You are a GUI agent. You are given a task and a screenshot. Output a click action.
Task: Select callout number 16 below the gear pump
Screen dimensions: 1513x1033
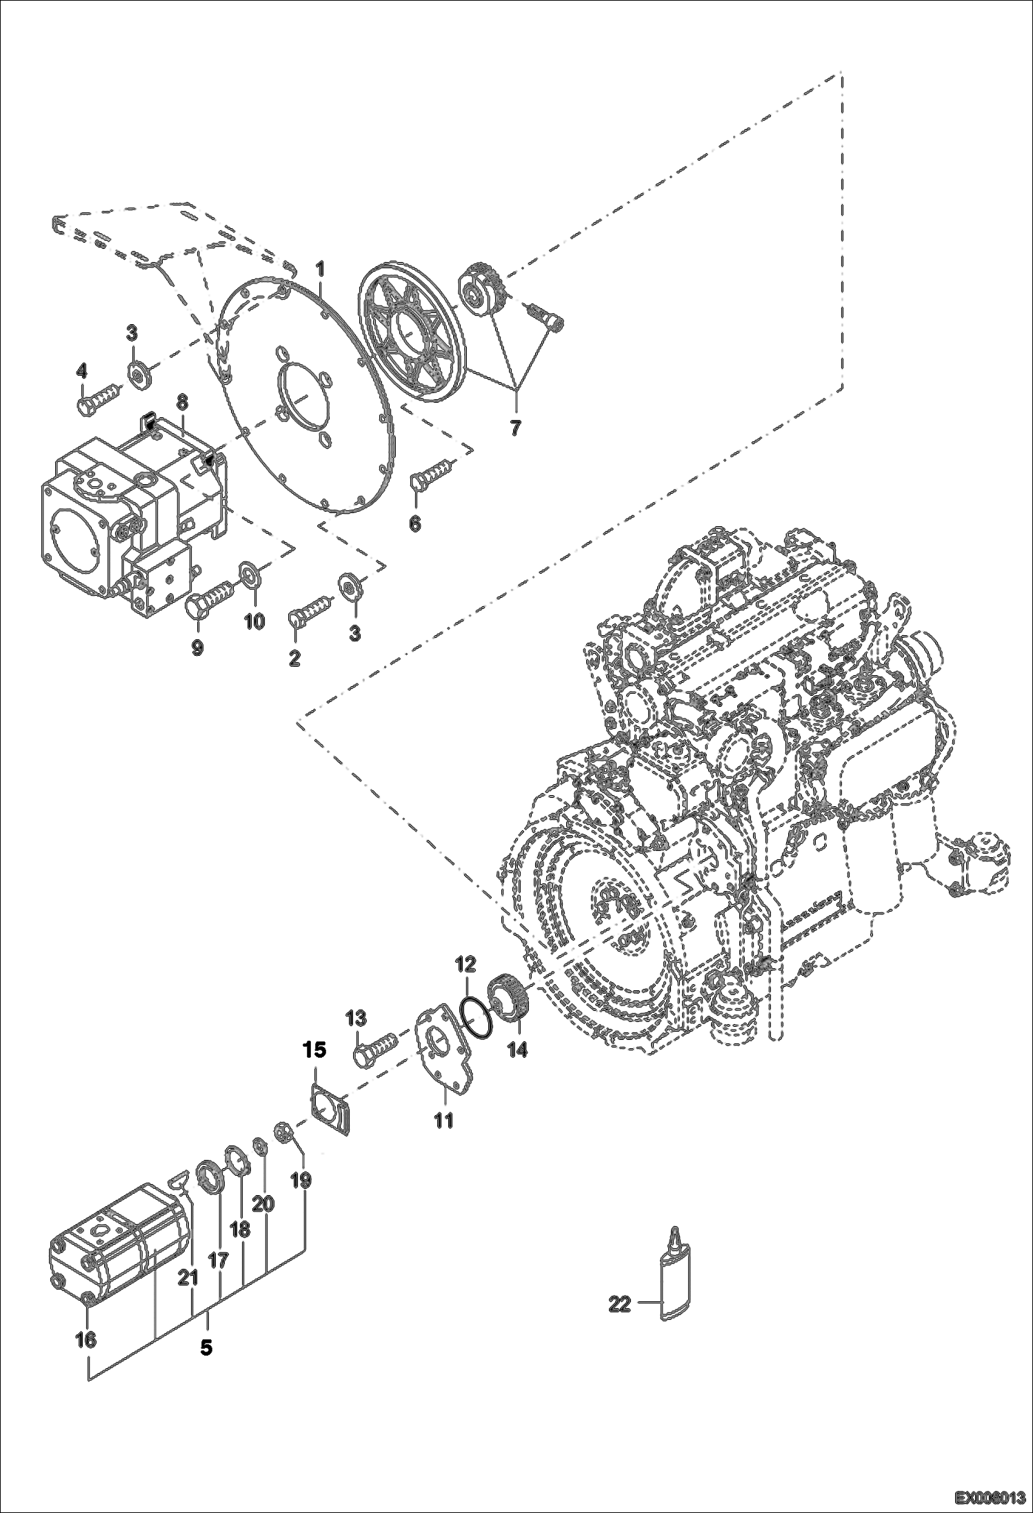point(86,1339)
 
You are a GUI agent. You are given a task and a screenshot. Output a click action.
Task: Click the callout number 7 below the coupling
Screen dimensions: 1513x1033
point(516,426)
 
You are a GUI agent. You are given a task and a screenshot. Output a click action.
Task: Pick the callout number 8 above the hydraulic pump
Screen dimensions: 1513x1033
point(182,401)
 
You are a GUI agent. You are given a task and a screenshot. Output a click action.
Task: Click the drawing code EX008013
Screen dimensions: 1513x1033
point(990,1499)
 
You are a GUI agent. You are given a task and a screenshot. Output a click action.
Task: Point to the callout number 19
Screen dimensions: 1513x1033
point(301,1180)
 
